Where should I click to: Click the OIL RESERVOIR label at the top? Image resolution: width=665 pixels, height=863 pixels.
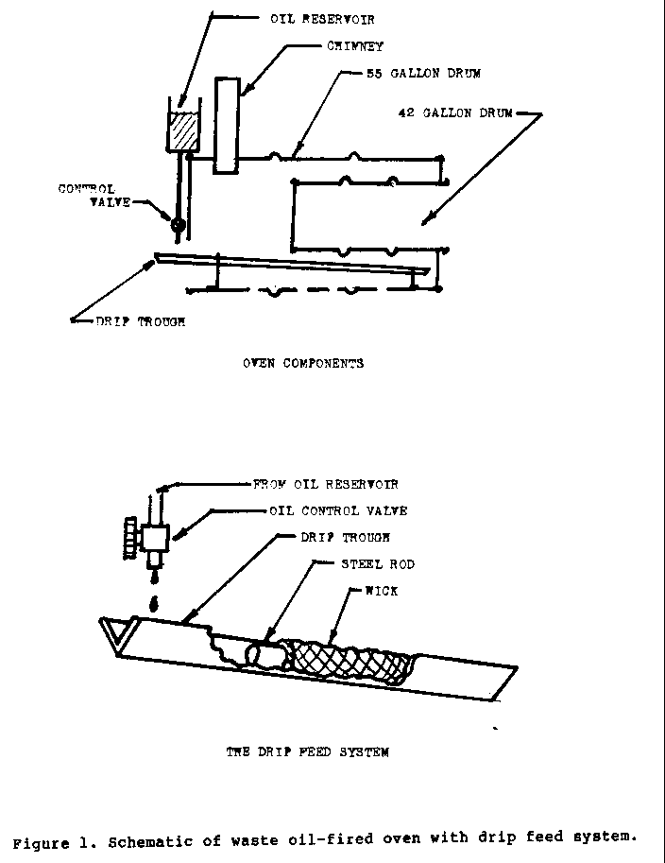point(322,19)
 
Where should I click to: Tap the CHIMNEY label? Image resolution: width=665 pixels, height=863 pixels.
point(355,46)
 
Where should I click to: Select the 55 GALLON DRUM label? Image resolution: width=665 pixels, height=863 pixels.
point(423,73)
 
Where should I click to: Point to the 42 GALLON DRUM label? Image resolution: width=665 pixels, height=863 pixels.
point(455,113)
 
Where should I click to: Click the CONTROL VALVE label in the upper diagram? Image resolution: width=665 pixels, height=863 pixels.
point(94,196)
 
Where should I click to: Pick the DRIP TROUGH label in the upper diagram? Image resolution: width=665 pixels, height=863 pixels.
point(140,322)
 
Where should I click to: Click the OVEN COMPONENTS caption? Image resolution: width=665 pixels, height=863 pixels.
point(303,363)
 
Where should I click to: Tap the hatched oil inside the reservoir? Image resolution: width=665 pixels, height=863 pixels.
point(182,132)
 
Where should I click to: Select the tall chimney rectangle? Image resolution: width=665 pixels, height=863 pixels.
point(227,126)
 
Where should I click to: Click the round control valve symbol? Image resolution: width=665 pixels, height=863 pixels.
point(178,225)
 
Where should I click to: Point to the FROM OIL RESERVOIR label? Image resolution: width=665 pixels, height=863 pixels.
point(326,485)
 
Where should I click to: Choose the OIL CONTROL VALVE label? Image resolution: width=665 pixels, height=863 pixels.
point(338,511)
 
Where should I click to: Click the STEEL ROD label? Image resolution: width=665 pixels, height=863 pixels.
point(378,564)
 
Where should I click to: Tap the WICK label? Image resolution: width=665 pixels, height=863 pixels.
point(382,591)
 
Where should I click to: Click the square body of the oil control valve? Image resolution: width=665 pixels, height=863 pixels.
point(155,538)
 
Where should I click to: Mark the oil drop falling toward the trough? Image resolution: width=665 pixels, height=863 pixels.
point(155,603)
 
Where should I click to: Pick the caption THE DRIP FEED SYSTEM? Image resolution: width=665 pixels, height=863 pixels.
point(308,751)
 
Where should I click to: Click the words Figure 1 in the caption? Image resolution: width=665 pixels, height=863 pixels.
point(43,842)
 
